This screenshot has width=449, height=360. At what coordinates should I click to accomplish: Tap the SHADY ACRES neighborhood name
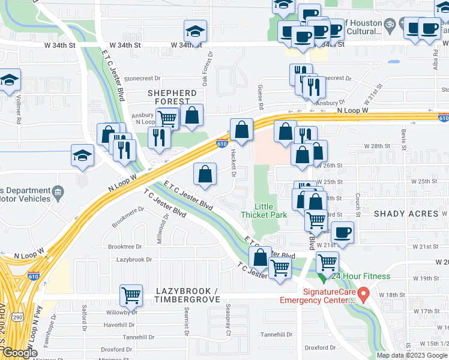(x=406, y=214)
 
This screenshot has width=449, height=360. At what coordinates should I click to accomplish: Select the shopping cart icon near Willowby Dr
(x=131, y=295)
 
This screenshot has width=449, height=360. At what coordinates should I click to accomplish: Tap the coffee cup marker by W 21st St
(x=342, y=232)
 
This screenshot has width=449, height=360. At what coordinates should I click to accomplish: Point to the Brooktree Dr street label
(x=124, y=247)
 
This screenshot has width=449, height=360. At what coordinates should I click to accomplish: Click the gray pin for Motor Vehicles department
(x=58, y=192)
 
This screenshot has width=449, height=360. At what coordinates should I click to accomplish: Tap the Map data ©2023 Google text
(x=412, y=355)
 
